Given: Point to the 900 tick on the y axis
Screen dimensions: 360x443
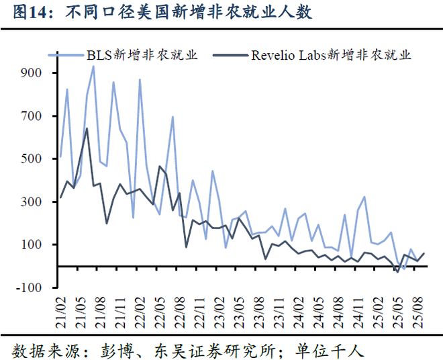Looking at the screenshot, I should click(x=32, y=73).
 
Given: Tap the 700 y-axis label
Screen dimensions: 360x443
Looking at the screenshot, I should click(x=32, y=116).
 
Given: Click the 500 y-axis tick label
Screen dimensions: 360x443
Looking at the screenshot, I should click(x=32, y=159).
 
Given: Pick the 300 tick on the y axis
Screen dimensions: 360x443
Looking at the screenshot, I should click(x=32, y=201).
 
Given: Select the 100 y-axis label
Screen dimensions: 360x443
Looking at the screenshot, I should click(x=32, y=244).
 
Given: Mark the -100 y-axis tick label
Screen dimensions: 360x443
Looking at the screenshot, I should click(x=29, y=287).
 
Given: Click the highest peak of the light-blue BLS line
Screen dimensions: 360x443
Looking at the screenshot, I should click(x=93, y=66).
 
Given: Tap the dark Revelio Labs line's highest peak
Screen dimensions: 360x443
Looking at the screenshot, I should click(x=87, y=128).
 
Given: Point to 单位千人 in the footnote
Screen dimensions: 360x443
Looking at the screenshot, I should click(x=330, y=350).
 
